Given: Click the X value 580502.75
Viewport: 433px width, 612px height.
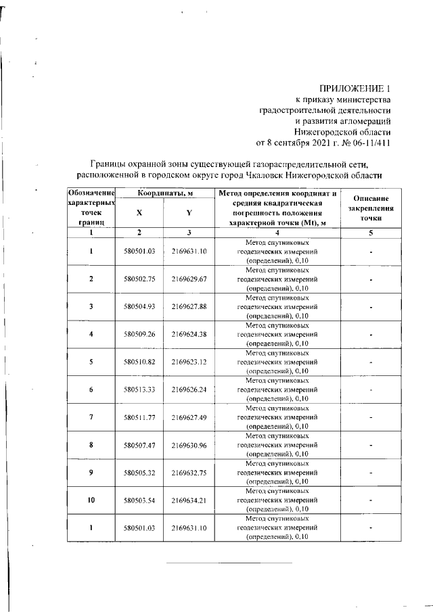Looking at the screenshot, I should [140, 279].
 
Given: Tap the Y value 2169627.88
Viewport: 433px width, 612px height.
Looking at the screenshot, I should [189, 306].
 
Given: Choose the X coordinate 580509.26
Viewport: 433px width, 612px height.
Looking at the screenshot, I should [140, 333].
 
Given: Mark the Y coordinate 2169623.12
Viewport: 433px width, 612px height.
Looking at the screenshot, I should [189, 361].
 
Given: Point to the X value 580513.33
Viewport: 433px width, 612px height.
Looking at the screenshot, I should [140, 390].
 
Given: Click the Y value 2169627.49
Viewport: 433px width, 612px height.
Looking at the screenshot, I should [189, 418].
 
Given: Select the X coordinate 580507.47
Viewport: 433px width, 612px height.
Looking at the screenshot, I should [140, 445].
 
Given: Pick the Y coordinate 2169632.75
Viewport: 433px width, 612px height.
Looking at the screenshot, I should [189, 473].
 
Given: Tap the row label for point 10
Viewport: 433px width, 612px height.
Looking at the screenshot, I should [91, 500].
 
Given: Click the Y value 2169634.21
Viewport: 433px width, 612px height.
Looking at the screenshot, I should [189, 500].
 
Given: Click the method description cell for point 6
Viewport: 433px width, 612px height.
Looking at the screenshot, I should [278, 390].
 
